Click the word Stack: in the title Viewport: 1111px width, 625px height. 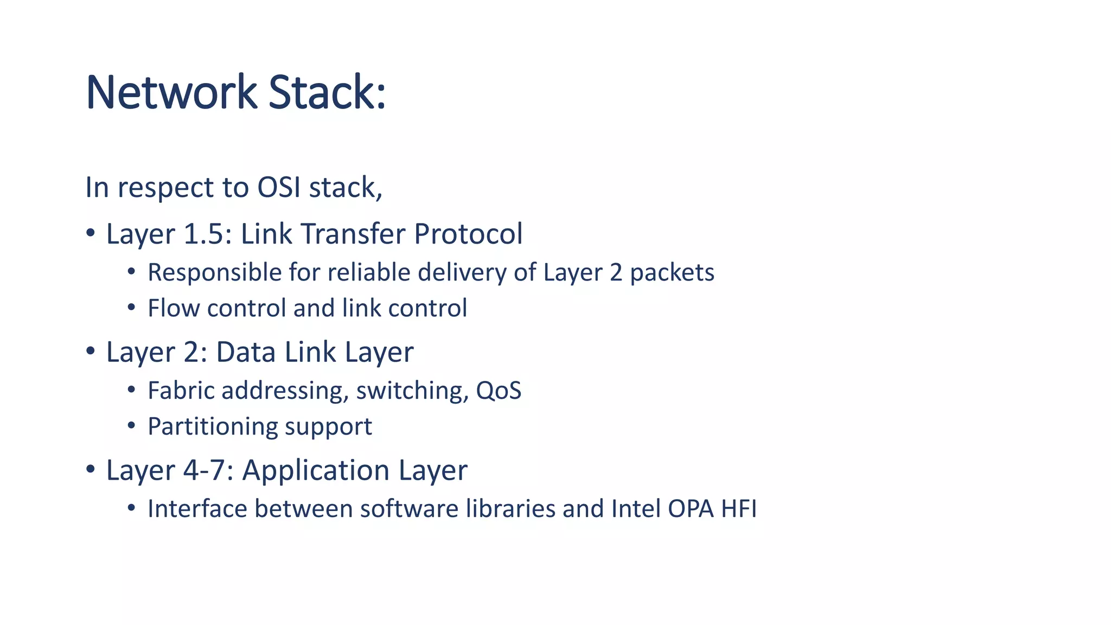point(327,92)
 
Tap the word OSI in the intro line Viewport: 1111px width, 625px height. point(279,188)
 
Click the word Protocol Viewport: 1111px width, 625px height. point(468,234)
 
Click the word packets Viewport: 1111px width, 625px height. point(672,273)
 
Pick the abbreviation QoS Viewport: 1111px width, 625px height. point(498,391)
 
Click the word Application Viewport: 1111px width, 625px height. point(315,470)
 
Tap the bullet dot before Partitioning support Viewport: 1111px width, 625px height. point(131,425)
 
